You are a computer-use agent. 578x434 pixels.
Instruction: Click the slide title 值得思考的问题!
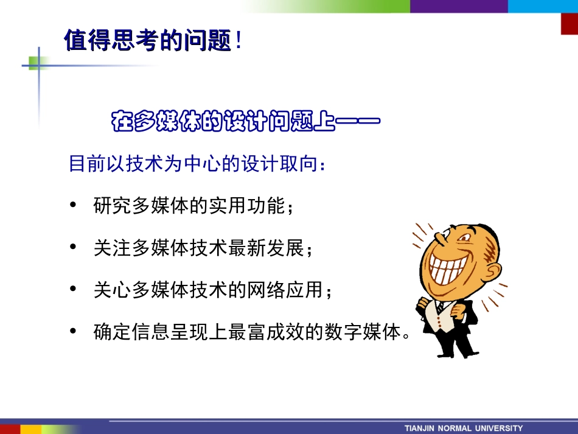point(152,41)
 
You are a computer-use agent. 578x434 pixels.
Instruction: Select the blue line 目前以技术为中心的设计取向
point(198,164)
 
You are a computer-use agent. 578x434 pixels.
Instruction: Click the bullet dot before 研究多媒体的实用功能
point(74,206)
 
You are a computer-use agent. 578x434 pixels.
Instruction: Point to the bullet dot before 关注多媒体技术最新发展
point(74,248)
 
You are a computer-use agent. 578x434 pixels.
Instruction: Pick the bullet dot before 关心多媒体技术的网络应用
point(74,290)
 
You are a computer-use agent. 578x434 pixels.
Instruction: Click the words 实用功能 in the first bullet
point(259,206)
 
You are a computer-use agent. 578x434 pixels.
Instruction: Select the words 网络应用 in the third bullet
point(292,290)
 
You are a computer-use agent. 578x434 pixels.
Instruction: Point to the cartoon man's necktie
point(440,307)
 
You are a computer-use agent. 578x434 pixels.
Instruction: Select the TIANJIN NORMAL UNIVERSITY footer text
point(464,428)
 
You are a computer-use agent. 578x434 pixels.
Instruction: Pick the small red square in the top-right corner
point(569,24)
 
